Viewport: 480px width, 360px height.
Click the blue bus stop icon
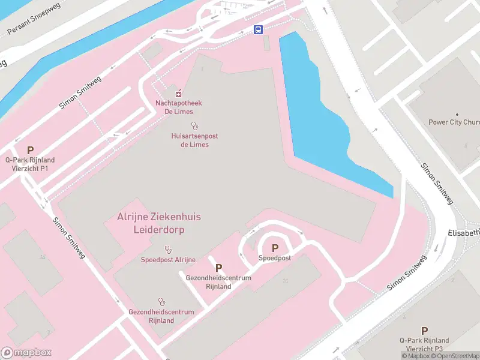[x=258, y=30]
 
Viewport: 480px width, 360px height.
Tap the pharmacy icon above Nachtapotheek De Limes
[x=178, y=93]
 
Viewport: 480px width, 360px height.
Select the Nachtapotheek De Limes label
[x=178, y=107]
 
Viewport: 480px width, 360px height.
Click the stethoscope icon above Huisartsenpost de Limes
[x=194, y=126]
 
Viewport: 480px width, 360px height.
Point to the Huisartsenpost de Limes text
[x=194, y=140]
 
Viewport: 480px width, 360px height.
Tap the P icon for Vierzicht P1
[x=30, y=150]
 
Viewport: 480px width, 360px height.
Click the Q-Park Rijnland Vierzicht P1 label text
[x=30, y=164]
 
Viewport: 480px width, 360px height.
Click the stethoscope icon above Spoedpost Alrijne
[x=168, y=249]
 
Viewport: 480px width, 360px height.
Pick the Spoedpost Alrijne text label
[x=168, y=260]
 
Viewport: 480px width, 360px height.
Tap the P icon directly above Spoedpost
[x=275, y=248]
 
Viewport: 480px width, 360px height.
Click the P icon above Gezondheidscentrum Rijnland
[x=218, y=268]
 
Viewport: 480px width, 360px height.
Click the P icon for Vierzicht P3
[x=424, y=331]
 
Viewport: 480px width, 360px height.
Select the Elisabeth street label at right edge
[x=464, y=232]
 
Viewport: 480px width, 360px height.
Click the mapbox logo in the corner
[x=26, y=353]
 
